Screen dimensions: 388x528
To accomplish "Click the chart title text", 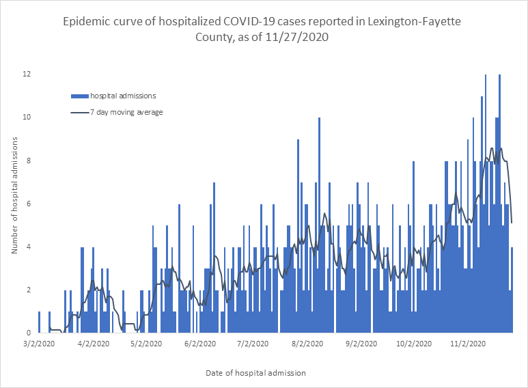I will click(264, 29).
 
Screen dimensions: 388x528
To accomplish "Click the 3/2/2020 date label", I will click(38, 345).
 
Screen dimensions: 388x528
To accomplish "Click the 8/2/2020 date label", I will click(307, 345).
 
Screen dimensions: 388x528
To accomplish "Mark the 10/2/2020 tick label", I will click(412, 345).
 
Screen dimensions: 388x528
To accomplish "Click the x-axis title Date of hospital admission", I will click(255, 374).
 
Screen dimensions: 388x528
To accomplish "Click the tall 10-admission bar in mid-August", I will click(319, 225).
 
